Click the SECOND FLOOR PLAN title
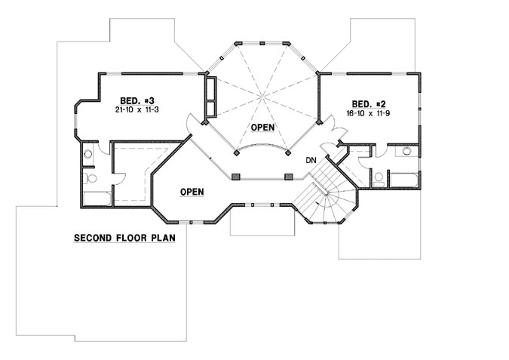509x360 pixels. pos(124,238)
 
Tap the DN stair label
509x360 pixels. pos(310,160)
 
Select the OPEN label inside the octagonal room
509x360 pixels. pos(263,128)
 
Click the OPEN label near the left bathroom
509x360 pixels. pos(192,192)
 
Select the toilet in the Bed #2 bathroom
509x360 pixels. pos(378,178)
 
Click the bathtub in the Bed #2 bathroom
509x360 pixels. pos(405,180)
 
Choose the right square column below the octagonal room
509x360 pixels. pos(288,177)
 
